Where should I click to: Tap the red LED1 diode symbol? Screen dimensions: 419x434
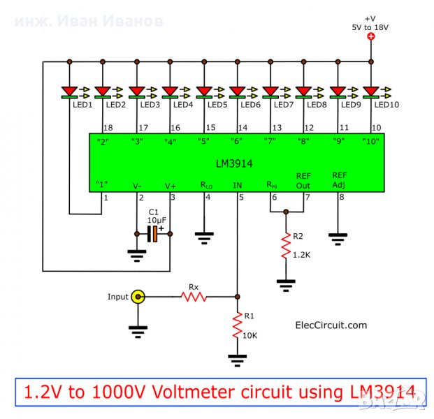click(70, 90)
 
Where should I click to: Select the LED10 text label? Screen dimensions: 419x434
click(386, 105)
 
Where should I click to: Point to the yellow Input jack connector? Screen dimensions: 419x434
click(138, 297)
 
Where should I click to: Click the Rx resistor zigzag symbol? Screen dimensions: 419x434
click(194, 297)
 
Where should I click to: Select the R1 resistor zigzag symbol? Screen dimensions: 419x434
click(238, 325)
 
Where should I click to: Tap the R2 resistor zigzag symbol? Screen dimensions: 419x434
click(286, 246)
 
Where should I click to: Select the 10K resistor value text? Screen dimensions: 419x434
click(250, 335)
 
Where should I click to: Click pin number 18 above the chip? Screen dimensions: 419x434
click(108, 128)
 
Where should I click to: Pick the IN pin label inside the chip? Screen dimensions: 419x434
click(238, 186)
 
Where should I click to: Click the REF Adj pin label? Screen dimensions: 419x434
click(340, 180)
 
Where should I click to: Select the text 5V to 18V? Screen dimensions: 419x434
click(371, 27)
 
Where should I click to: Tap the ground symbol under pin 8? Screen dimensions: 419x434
click(338, 239)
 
